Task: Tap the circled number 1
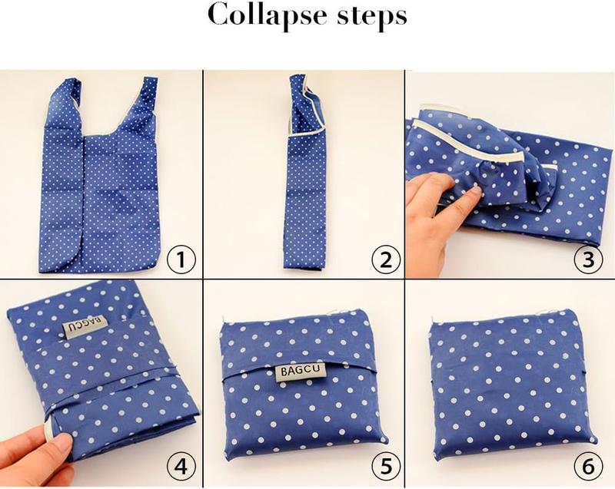click(181, 259)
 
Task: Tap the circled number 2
click(386, 259)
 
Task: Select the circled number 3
click(588, 259)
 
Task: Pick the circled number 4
click(181, 467)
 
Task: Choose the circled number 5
click(386, 467)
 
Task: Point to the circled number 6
click(588, 467)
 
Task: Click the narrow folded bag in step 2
click(306, 171)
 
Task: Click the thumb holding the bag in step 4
click(59, 446)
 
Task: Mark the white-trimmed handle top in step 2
click(306, 105)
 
